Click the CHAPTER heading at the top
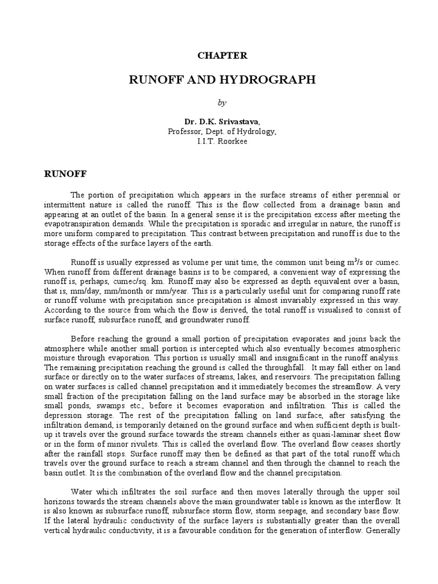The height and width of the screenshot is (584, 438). (222, 55)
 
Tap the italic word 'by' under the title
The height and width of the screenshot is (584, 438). (222, 102)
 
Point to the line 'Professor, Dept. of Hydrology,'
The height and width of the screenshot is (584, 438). (222, 131)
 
